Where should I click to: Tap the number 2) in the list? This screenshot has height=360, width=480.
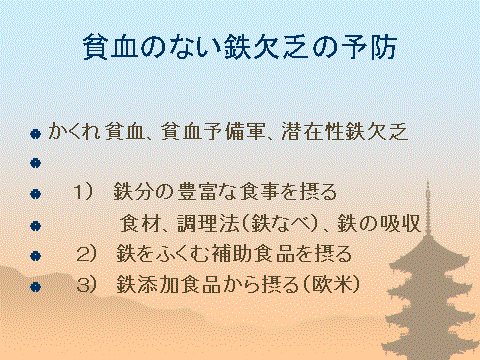89,251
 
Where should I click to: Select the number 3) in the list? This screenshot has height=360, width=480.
89,283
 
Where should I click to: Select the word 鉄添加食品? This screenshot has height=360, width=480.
166,283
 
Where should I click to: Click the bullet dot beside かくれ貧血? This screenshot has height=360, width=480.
35,132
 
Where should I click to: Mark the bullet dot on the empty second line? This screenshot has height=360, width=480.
35,162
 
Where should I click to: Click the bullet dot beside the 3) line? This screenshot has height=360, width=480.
35,285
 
